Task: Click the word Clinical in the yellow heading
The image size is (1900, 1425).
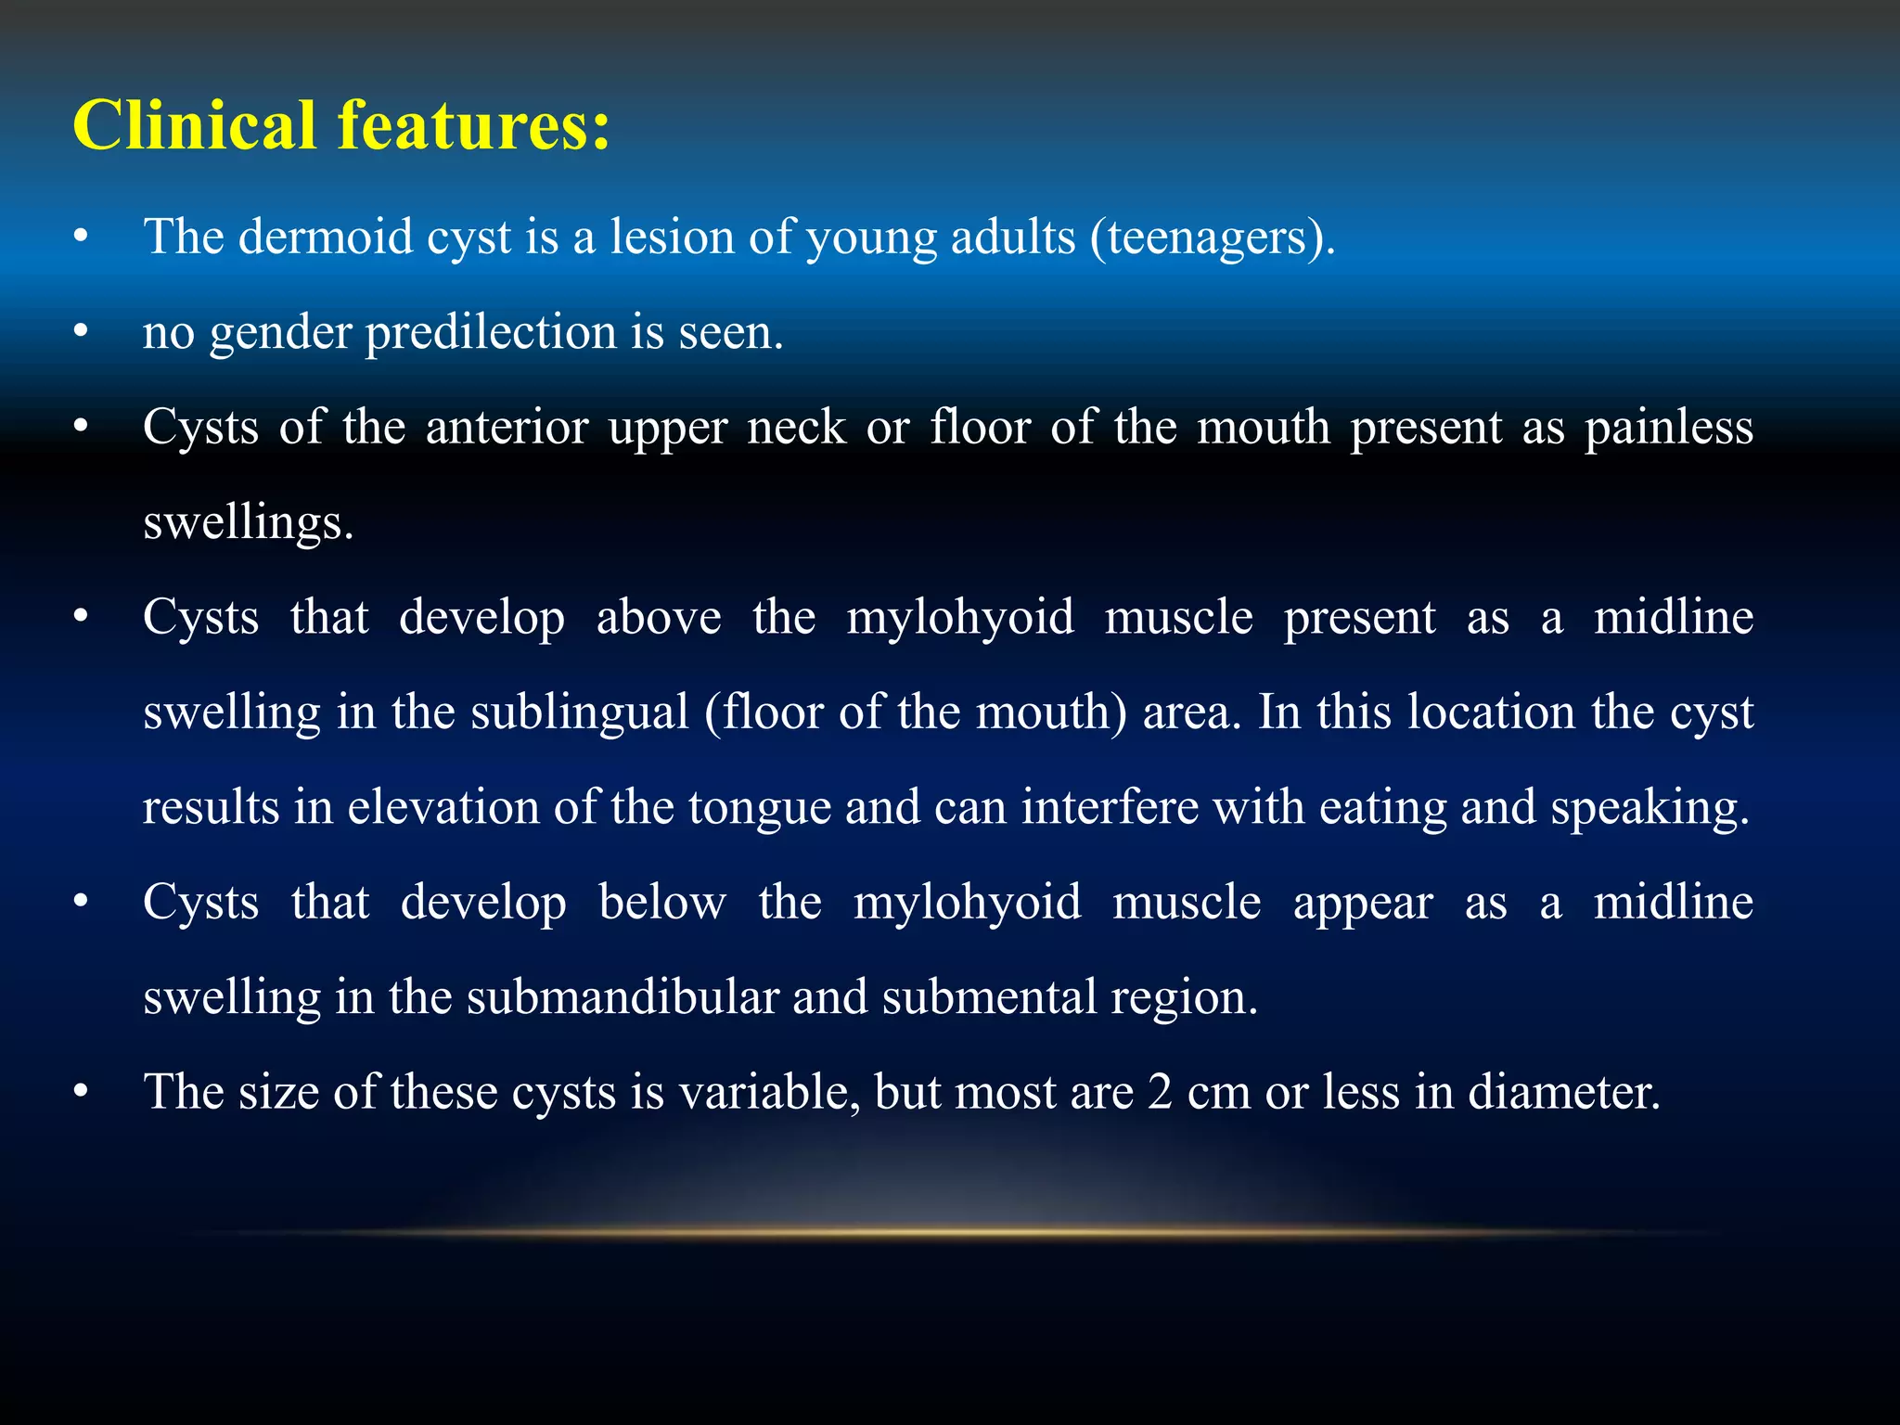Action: coord(195,125)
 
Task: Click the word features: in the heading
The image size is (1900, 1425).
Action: coord(473,125)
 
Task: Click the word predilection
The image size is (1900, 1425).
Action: coord(491,332)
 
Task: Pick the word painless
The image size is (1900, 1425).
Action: coord(1668,429)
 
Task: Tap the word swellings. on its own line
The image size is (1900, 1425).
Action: coord(249,523)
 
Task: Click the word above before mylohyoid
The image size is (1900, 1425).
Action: coord(659,618)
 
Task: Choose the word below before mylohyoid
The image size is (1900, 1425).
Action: coord(661,903)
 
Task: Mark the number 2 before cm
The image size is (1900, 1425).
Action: coord(1160,1093)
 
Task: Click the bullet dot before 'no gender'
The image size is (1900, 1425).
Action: coord(82,332)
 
